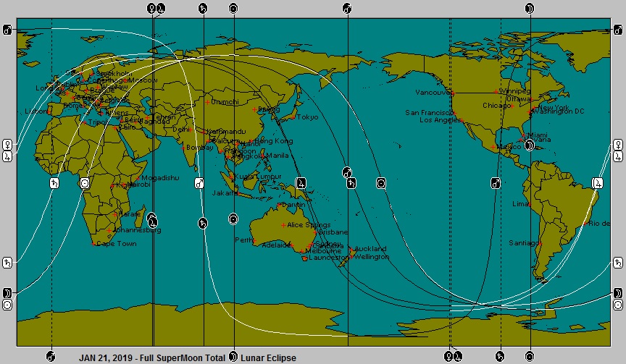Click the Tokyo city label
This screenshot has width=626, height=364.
coord(307,117)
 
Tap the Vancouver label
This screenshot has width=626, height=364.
coord(433,93)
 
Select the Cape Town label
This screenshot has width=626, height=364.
coord(116,244)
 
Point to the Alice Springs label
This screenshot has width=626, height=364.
coord(309,226)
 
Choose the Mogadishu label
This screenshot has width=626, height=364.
coord(159,178)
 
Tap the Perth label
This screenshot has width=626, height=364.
coord(241,240)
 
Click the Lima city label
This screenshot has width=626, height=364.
coord(520,204)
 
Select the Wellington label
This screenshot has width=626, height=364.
coord(372,257)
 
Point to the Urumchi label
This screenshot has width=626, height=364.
coord(224,102)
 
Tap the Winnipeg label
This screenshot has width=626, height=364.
coord(514,91)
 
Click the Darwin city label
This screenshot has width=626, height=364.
coord(293,206)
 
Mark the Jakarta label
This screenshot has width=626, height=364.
coord(222,193)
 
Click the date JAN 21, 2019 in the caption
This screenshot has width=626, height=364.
coord(103,357)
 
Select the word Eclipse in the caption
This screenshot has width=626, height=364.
coord(280,357)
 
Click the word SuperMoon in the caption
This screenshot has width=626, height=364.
coord(180,357)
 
